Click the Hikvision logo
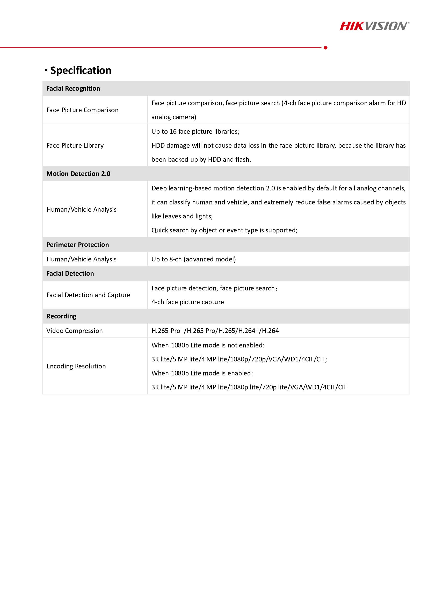[374, 26]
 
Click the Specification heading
[81, 70]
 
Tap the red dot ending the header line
[325, 48]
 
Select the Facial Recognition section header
[73, 88]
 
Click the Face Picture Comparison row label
[82, 110]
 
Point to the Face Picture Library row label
[75, 145]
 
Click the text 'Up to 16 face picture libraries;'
[195, 131]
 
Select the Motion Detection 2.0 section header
[78, 174]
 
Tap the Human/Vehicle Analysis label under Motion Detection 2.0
[81, 209]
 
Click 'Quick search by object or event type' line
[224, 230]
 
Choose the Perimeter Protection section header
[77, 245]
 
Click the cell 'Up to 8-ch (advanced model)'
[193, 259]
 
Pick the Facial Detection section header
[70, 273]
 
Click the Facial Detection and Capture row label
[88, 295]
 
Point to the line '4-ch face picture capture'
[187, 302]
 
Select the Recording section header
[61, 316]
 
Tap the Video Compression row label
[74, 331]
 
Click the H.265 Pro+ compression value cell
[215, 331]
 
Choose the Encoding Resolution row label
[76, 366]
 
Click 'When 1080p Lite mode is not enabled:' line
[208, 345]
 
